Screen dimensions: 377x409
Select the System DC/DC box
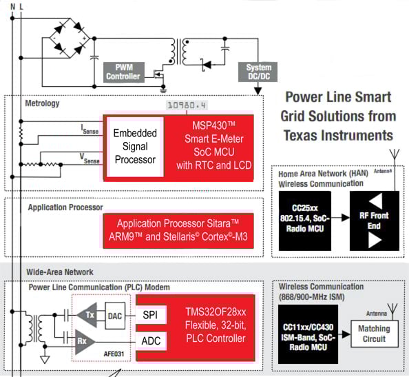(x=258, y=72)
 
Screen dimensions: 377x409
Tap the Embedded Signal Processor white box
(x=135, y=146)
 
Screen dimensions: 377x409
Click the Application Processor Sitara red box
(x=178, y=230)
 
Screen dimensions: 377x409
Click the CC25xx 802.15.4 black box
(x=304, y=221)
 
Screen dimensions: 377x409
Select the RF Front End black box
(x=375, y=221)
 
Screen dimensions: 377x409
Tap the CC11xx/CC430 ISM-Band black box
(x=304, y=334)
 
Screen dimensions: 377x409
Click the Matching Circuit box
(x=373, y=334)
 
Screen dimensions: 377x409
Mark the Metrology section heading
(x=43, y=103)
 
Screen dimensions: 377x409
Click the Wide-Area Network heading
(x=60, y=272)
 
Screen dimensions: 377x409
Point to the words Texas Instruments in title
(x=339, y=134)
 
